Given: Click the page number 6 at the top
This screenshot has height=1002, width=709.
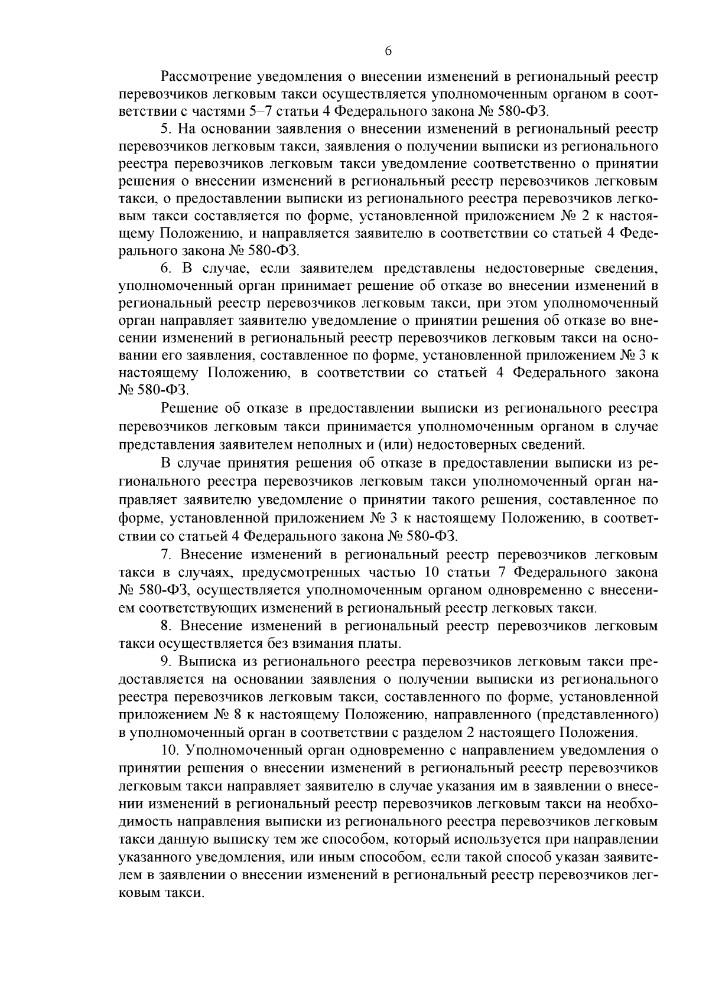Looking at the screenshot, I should (x=388, y=51).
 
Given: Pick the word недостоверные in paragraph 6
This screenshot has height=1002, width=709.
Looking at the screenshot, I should (x=526, y=269).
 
